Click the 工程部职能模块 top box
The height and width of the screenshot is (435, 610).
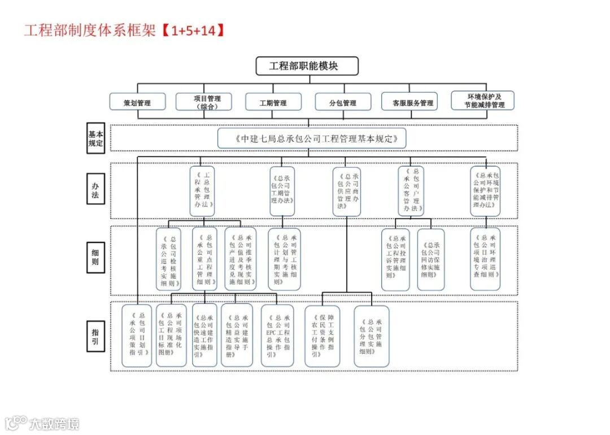pos(307,66)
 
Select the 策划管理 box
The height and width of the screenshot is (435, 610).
pos(138,102)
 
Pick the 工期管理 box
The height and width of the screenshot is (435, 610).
pos(273,102)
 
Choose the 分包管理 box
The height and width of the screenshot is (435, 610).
pos(343,102)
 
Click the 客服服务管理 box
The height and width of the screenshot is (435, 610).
pos(409,102)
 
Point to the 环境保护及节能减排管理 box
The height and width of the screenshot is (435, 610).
pos(483,101)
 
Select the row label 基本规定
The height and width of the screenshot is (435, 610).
pos(95,138)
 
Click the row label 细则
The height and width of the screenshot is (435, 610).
pos(95,257)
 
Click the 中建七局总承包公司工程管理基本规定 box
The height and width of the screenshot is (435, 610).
pos(312,138)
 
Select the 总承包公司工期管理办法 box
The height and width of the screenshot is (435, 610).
pos(282,190)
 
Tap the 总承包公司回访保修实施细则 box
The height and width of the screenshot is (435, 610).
pos(431,259)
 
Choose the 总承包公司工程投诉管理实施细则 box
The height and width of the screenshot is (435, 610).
pos(395,259)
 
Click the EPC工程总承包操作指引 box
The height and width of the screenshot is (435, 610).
pos(277,336)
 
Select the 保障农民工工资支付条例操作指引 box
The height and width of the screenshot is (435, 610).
pos(323,336)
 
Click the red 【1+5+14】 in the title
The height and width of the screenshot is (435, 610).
pos(191,30)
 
